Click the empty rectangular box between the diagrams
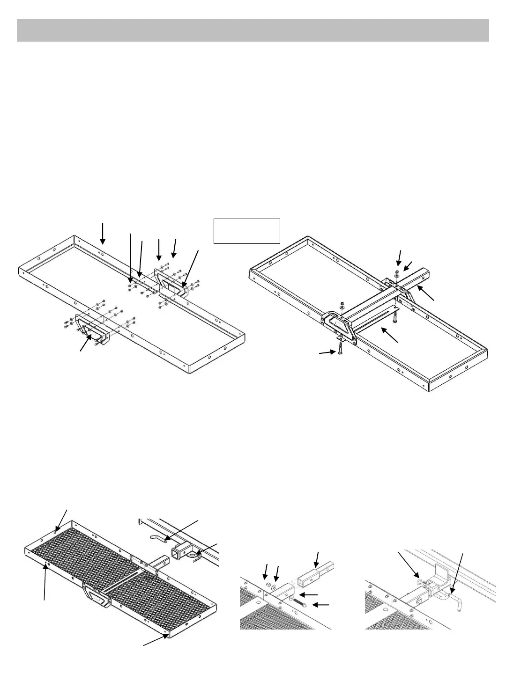pyautogui.click(x=246, y=231)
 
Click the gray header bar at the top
pyautogui.click(x=253, y=30)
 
